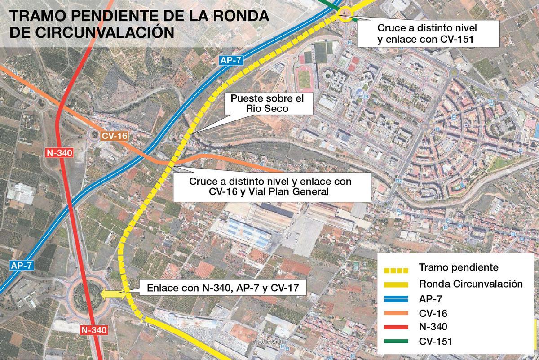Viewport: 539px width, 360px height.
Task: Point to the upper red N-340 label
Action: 59,153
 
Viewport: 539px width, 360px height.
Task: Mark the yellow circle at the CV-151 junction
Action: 345,14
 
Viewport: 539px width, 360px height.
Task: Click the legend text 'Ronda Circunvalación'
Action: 470,284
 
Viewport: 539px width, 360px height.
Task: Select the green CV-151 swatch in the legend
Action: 396,342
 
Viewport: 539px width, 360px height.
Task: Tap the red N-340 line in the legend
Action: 396,327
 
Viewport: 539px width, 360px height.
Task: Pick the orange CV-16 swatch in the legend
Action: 396,313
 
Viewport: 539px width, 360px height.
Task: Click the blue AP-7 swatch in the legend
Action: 396,298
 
